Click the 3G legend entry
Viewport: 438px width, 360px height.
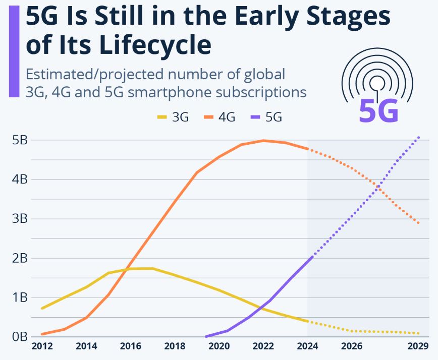point(173,117)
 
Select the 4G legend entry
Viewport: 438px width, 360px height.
point(219,117)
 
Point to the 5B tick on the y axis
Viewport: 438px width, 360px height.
point(19,140)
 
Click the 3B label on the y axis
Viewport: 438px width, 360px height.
point(19,219)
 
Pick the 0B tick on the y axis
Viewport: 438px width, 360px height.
point(19,336)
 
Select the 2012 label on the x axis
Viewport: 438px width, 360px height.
point(42,347)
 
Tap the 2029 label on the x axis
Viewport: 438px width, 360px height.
point(418,347)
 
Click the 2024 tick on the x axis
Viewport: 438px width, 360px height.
point(308,347)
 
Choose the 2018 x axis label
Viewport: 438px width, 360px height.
point(175,347)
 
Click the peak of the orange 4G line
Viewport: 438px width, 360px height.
point(263,141)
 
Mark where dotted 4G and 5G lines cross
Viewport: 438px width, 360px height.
point(378,188)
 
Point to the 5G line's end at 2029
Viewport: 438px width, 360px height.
point(419,137)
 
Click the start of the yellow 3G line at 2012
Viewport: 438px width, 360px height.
point(42,308)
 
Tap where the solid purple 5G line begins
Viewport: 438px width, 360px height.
point(206,336)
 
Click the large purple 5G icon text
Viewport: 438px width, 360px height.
point(378,110)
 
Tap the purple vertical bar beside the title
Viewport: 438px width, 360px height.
point(14,50)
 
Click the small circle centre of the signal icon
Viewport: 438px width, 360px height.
point(377,82)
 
